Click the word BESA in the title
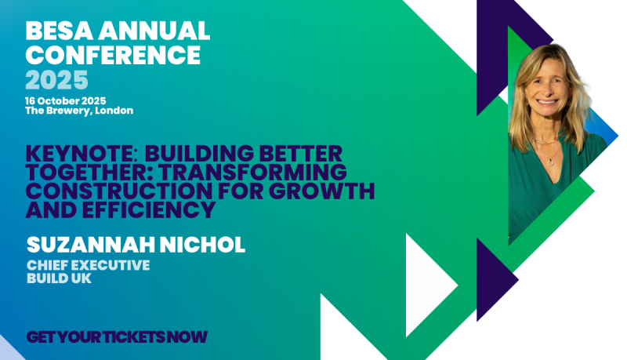(60, 31)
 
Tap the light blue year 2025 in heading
(56, 80)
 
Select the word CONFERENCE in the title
(113, 55)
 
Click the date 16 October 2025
(66, 101)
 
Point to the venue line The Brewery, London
(79, 111)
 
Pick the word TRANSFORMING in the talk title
(252, 172)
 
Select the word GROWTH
(322, 191)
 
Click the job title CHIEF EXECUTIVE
(89, 265)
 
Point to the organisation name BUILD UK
(60, 278)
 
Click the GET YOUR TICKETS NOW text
(117, 336)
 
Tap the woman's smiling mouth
(547, 102)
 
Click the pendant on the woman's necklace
(551, 162)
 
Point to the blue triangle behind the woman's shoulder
(602, 128)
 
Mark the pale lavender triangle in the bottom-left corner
(8, 350)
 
